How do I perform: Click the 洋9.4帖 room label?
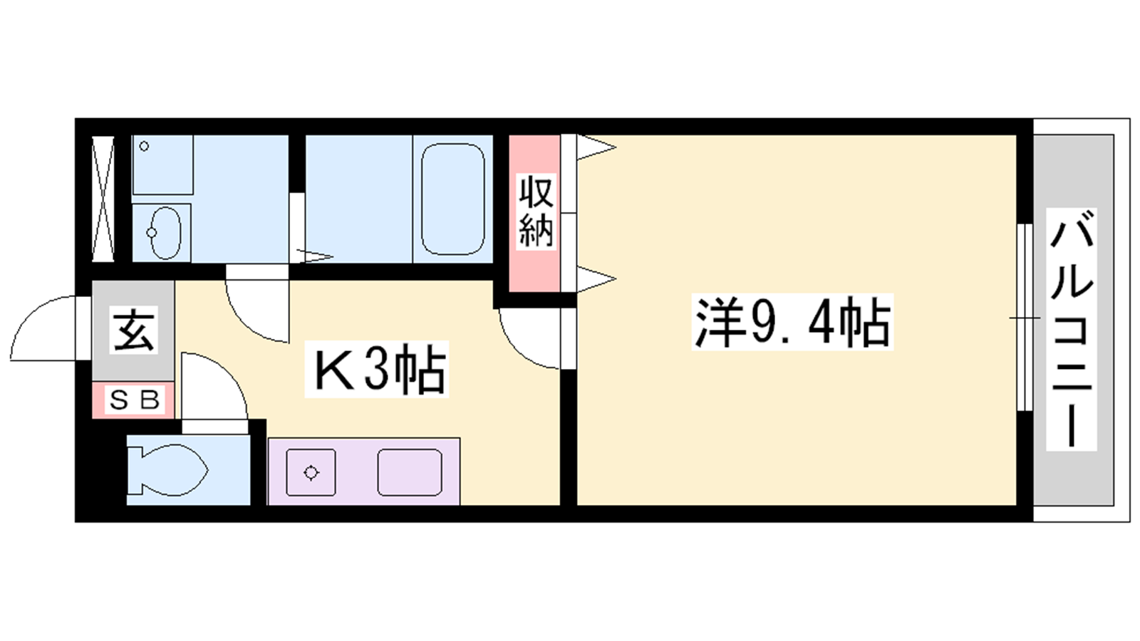click(x=792, y=322)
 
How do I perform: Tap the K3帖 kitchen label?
click(x=377, y=369)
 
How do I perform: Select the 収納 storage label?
click(x=536, y=211)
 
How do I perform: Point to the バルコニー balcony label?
click(x=1072, y=328)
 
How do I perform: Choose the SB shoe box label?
click(x=135, y=400)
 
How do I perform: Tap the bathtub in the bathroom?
click(x=453, y=199)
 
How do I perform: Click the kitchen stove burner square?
click(x=311, y=473)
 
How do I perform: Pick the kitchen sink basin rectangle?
click(x=410, y=473)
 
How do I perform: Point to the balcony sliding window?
click(x=1025, y=318)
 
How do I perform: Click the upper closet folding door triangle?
click(x=596, y=147)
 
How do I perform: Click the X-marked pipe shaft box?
click(x=103, y=199)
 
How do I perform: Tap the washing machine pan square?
click(x=163, y=165)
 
